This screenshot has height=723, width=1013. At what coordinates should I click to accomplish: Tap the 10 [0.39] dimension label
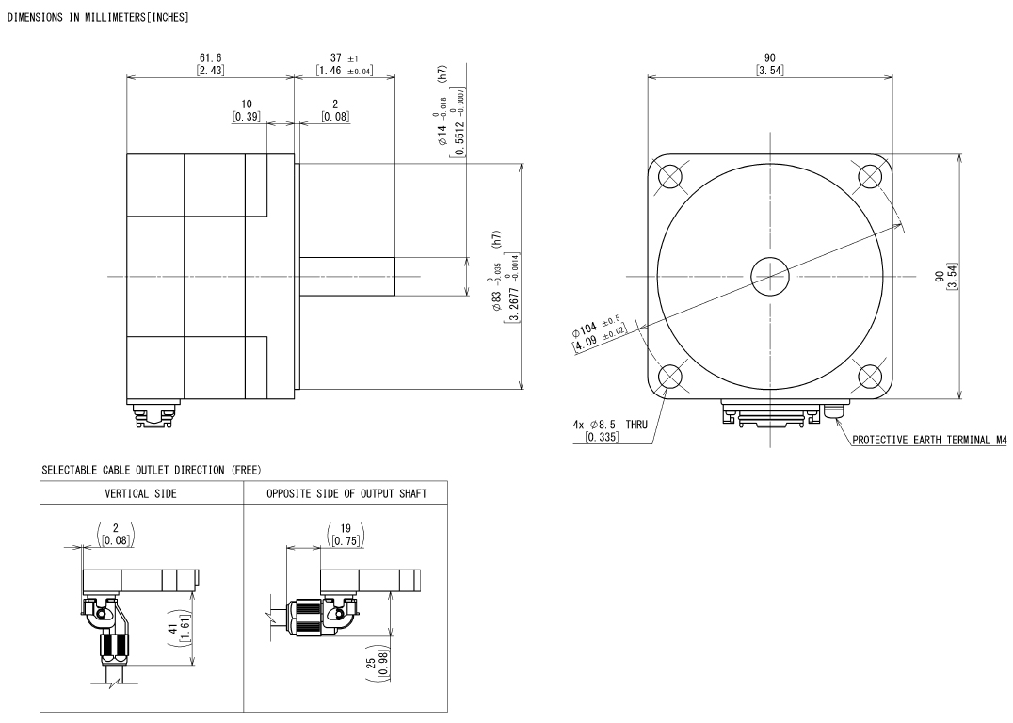[246, 110]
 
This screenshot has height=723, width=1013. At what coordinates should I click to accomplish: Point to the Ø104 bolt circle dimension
[599, 332]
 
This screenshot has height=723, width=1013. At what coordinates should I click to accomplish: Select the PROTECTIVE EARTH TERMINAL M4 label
[929, 440]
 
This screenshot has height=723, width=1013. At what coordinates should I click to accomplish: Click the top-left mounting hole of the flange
[670, 176]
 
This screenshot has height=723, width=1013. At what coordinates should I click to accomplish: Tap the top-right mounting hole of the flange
[870, 176]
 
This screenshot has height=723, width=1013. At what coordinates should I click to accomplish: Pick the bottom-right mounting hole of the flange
[870, 377]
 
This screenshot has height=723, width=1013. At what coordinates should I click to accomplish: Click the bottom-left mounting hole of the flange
[670, 377]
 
